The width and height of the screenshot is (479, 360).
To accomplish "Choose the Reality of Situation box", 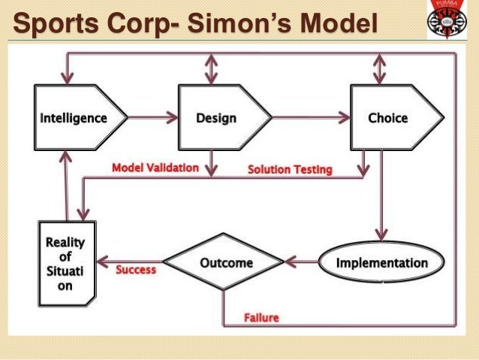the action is [66, 262].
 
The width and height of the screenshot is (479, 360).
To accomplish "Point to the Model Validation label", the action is [155, 168].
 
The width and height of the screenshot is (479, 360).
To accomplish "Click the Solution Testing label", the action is [290, 169].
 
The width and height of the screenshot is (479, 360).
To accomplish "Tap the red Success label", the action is [136, 269].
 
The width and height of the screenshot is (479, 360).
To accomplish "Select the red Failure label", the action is [261, 317].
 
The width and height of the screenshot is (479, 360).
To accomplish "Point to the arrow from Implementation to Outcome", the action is [301, 262].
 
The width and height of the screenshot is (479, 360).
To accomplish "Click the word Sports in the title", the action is [53, 25].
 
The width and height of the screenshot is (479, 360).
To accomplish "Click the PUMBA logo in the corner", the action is [447, 20].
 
